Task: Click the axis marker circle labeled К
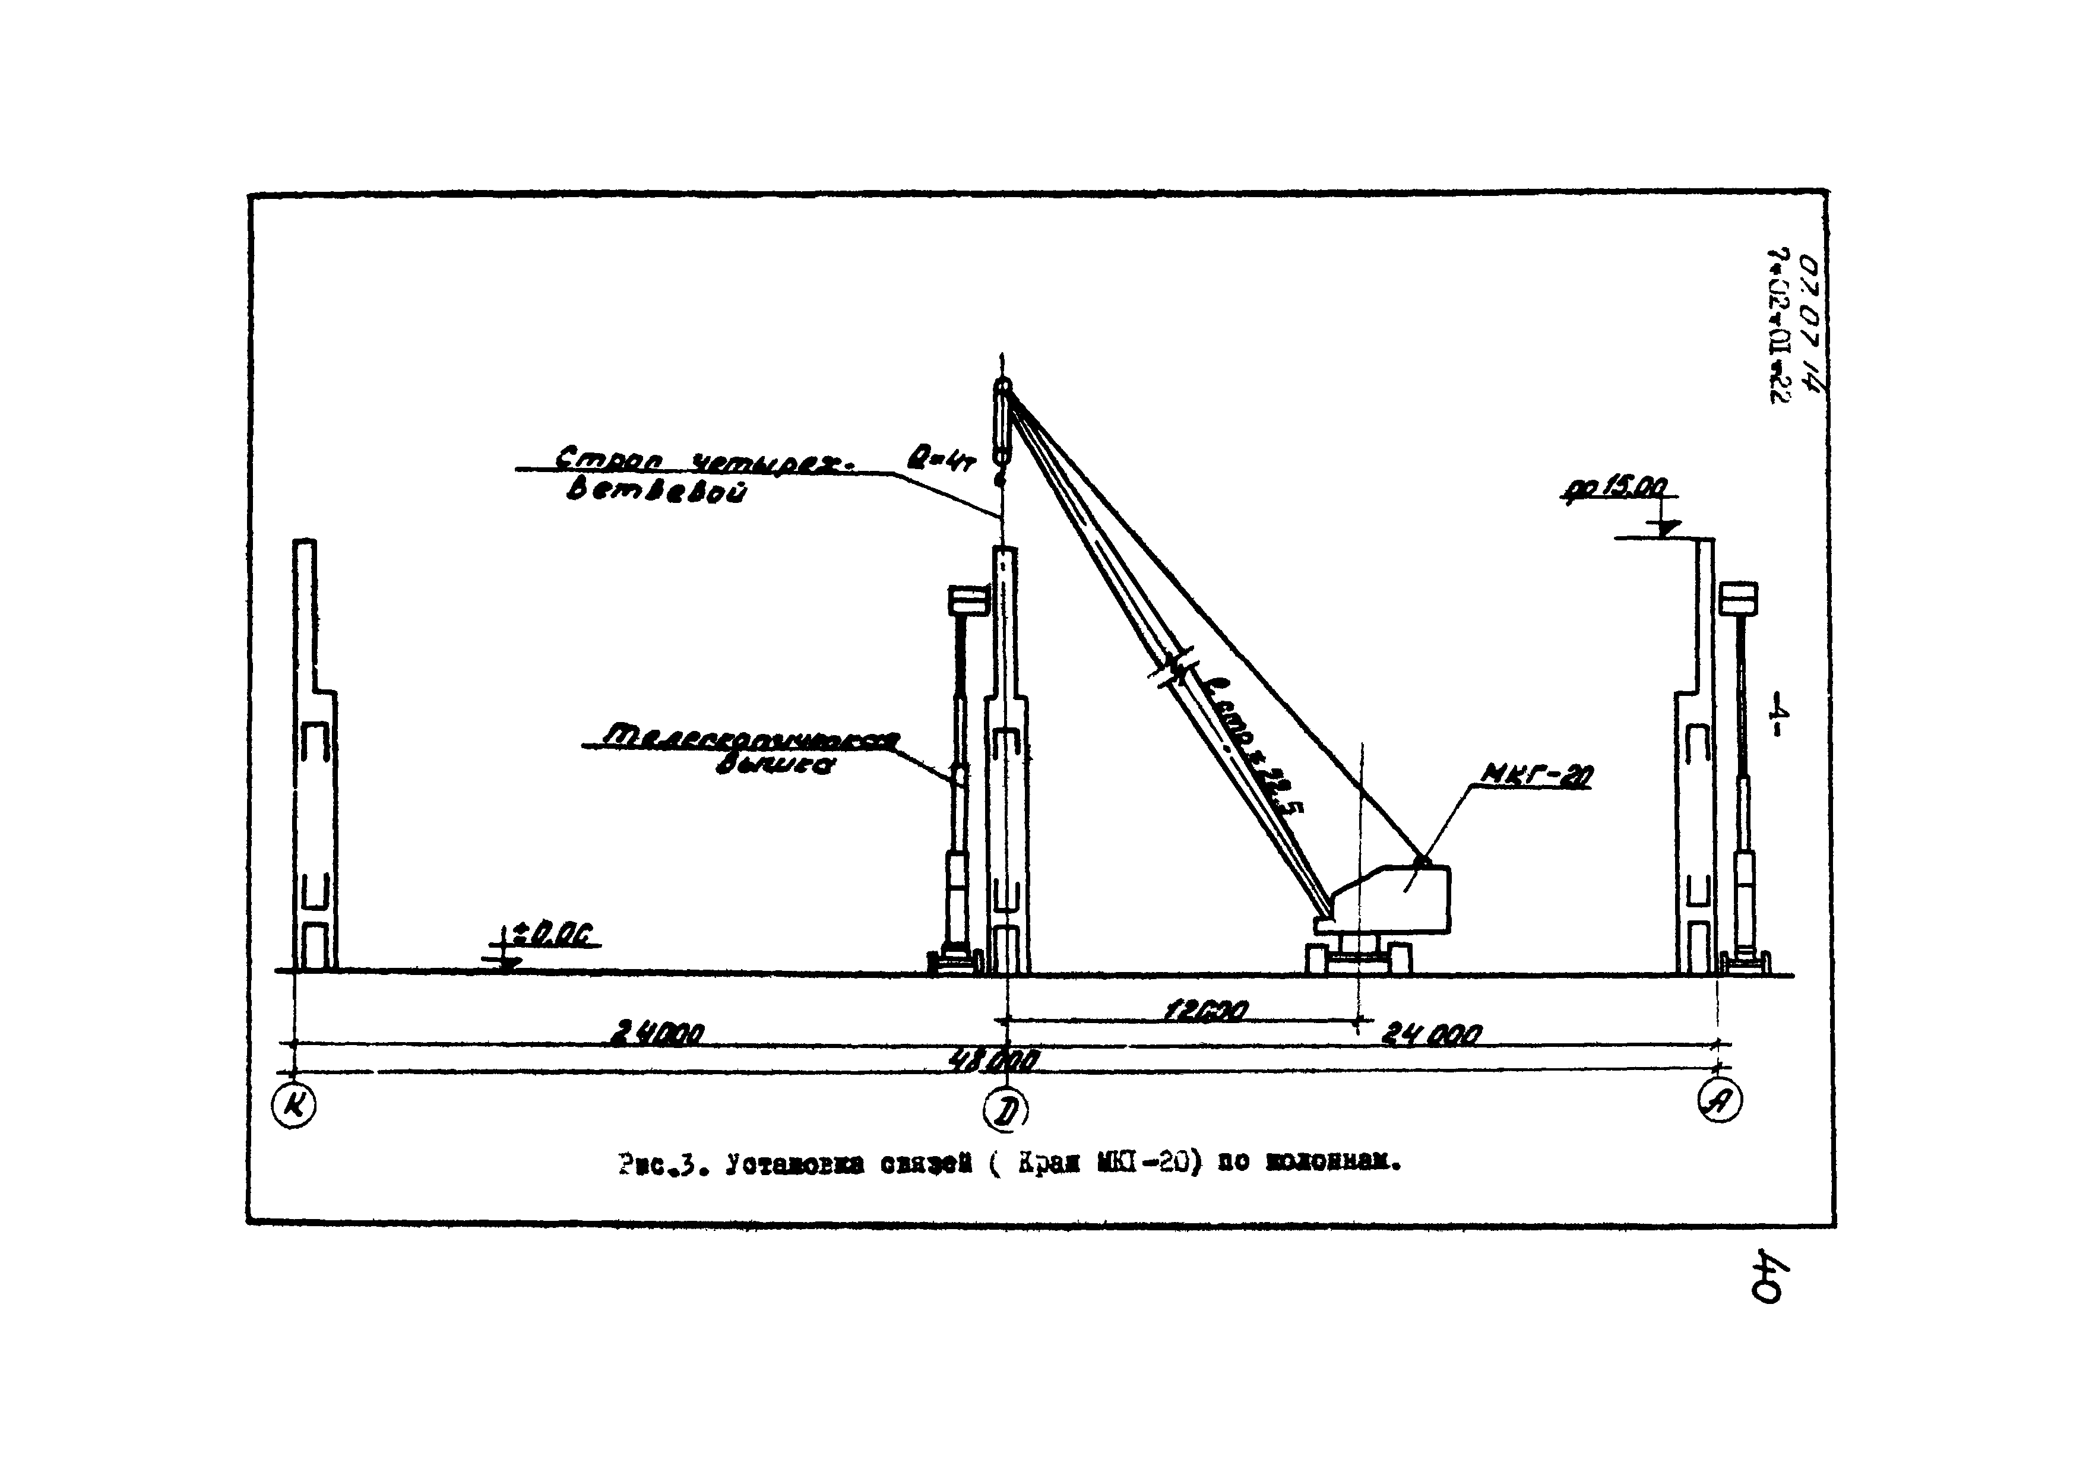(x=294, y=1106)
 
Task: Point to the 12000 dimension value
(x=1206, y=1011)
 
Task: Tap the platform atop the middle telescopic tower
(x=967, y=600)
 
